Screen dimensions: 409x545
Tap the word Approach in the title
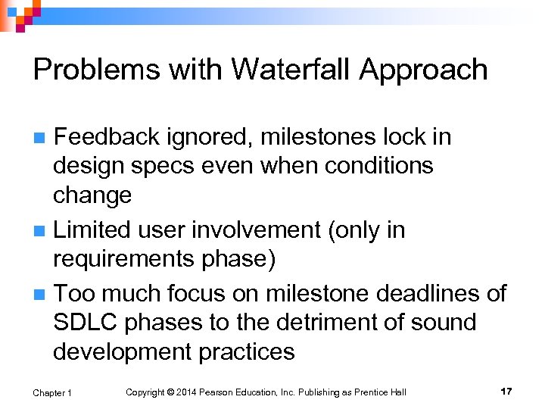tap(424, 70)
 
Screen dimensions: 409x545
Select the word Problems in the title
tap(94, 70)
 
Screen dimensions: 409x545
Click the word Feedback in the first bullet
tap(107, 137)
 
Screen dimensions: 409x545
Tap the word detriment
tap(321, 322)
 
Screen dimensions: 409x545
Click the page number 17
tap(506, 391)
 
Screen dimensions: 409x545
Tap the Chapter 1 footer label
tap(52, 392)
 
